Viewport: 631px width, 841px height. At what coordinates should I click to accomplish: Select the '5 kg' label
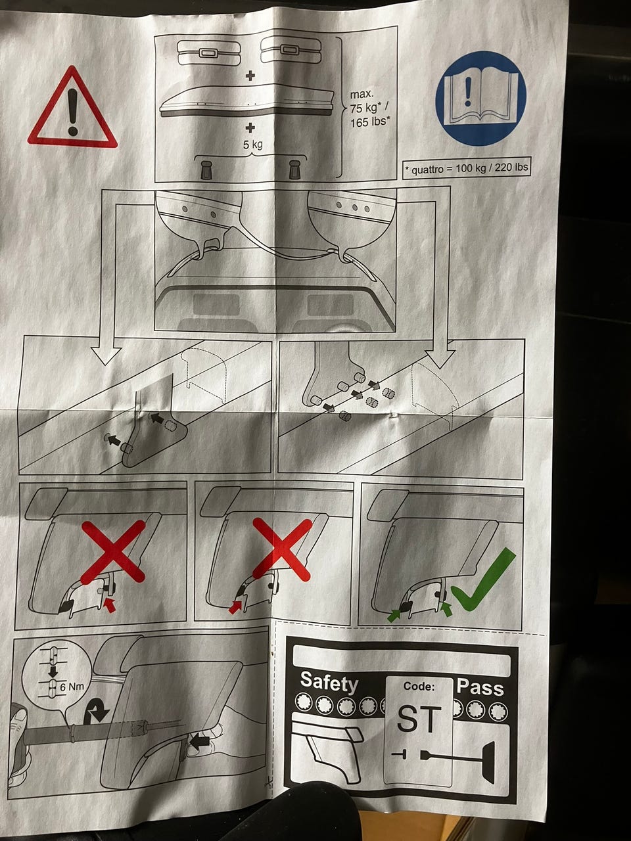click(x=253, y=145)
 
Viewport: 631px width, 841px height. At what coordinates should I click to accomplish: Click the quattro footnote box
click(x=467, y=168)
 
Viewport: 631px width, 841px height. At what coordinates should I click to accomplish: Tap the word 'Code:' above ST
click(x=419, y=686)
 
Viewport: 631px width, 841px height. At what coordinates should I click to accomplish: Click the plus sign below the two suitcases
click(x=250, y=76)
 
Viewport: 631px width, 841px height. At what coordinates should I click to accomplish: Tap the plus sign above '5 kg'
click(x=250, y=127)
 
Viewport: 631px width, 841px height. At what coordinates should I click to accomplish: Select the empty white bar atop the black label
click(x=402, y=660)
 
